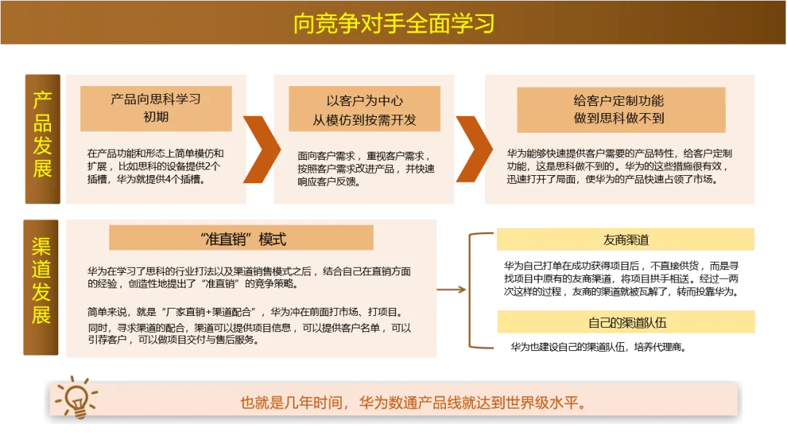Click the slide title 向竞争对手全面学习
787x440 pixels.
(393, 23)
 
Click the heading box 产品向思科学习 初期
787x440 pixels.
(156, 108)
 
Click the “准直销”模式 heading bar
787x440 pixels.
(241, 239)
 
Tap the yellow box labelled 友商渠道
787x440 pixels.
(626, 240)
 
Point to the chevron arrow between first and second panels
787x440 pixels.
(260, 149)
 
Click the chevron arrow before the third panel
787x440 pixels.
(472, 149)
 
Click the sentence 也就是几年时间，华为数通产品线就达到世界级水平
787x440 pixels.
(413, 402)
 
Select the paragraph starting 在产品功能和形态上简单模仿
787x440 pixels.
(155, 166)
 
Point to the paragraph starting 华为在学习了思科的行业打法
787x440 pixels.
(248, 277)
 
